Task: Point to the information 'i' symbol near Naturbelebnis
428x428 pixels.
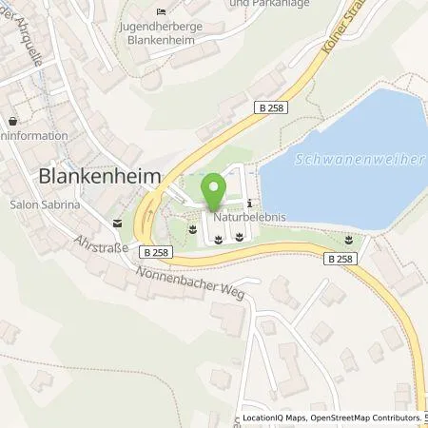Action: pyautogui.click(x=249, y=203)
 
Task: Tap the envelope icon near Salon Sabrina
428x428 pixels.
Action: pyautogui.click(x=117, y=223)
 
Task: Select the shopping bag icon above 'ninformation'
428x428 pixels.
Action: pyautogui.click(x=12, y=123)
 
